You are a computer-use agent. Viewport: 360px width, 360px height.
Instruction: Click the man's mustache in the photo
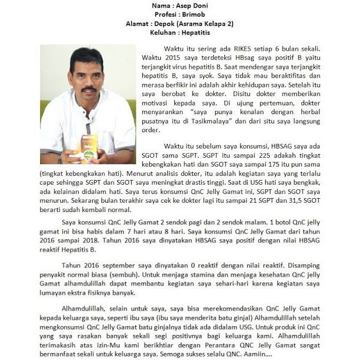[x=89, y=89]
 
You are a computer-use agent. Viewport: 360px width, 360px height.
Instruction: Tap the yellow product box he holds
[x=89, y=149]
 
